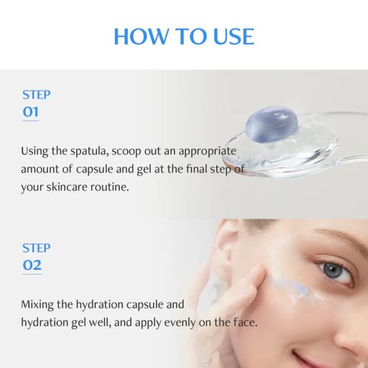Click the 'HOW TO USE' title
(x=184, y=35)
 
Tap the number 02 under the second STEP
(x=32, y=264)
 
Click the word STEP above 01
(x=36, y=94)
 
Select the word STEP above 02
(x=36, y=248)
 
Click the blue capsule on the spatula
(x=267, y=123)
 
